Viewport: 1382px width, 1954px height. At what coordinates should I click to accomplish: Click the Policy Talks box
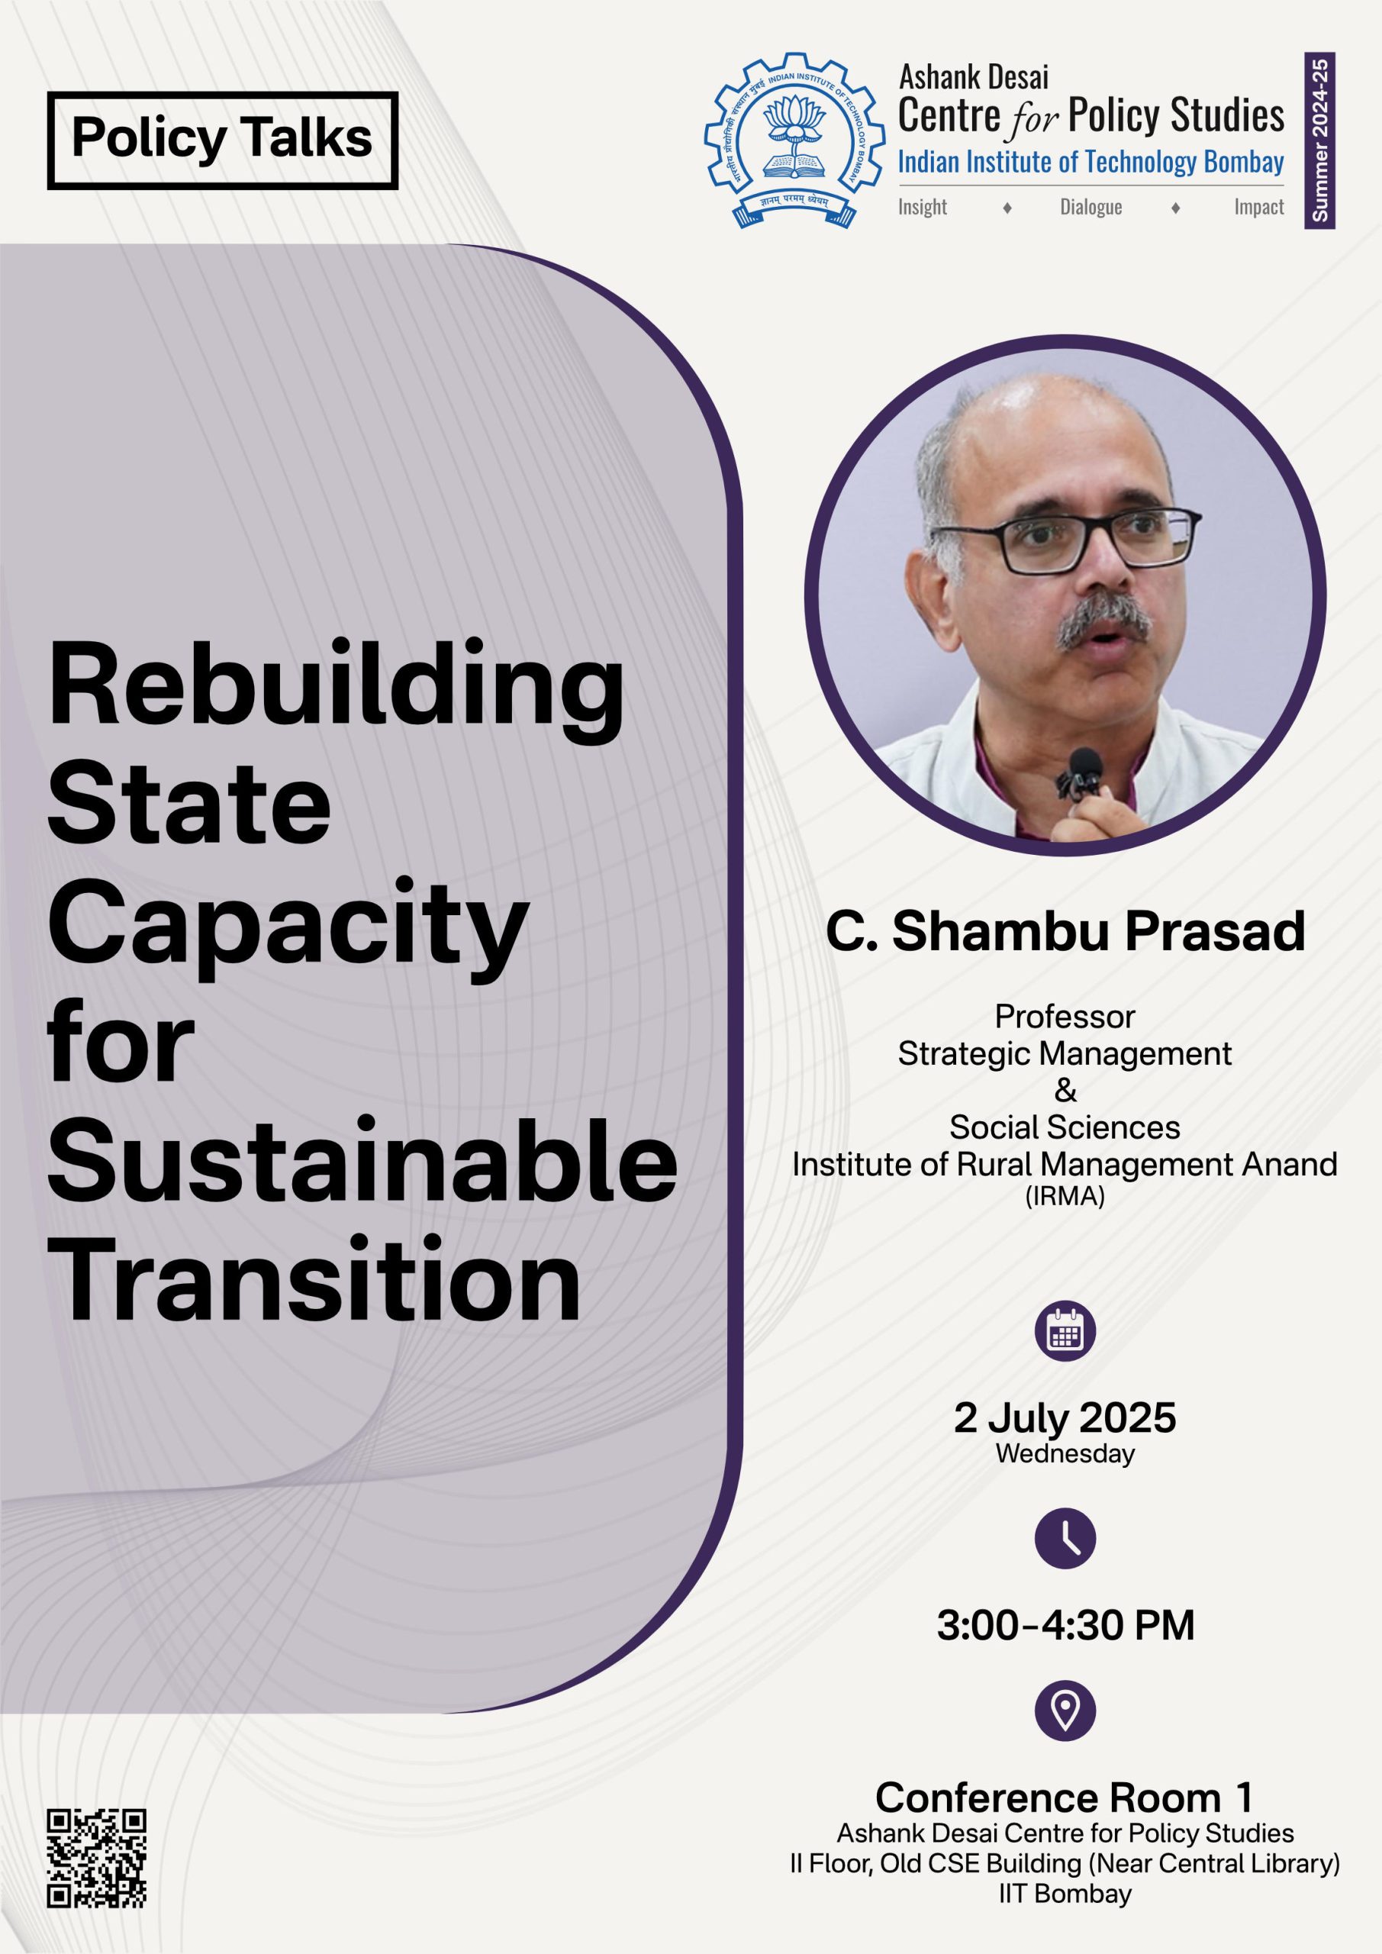(223, 140)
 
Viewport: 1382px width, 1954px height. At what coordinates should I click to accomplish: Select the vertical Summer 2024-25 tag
(1320, 140)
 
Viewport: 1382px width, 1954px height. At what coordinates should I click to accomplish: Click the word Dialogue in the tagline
(1091, 207)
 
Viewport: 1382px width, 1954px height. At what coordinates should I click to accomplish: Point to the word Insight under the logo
(923, 207)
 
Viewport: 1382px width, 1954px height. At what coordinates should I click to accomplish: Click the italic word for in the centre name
(1033, 119)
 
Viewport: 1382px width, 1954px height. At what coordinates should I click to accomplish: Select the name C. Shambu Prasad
(1065, 931)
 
